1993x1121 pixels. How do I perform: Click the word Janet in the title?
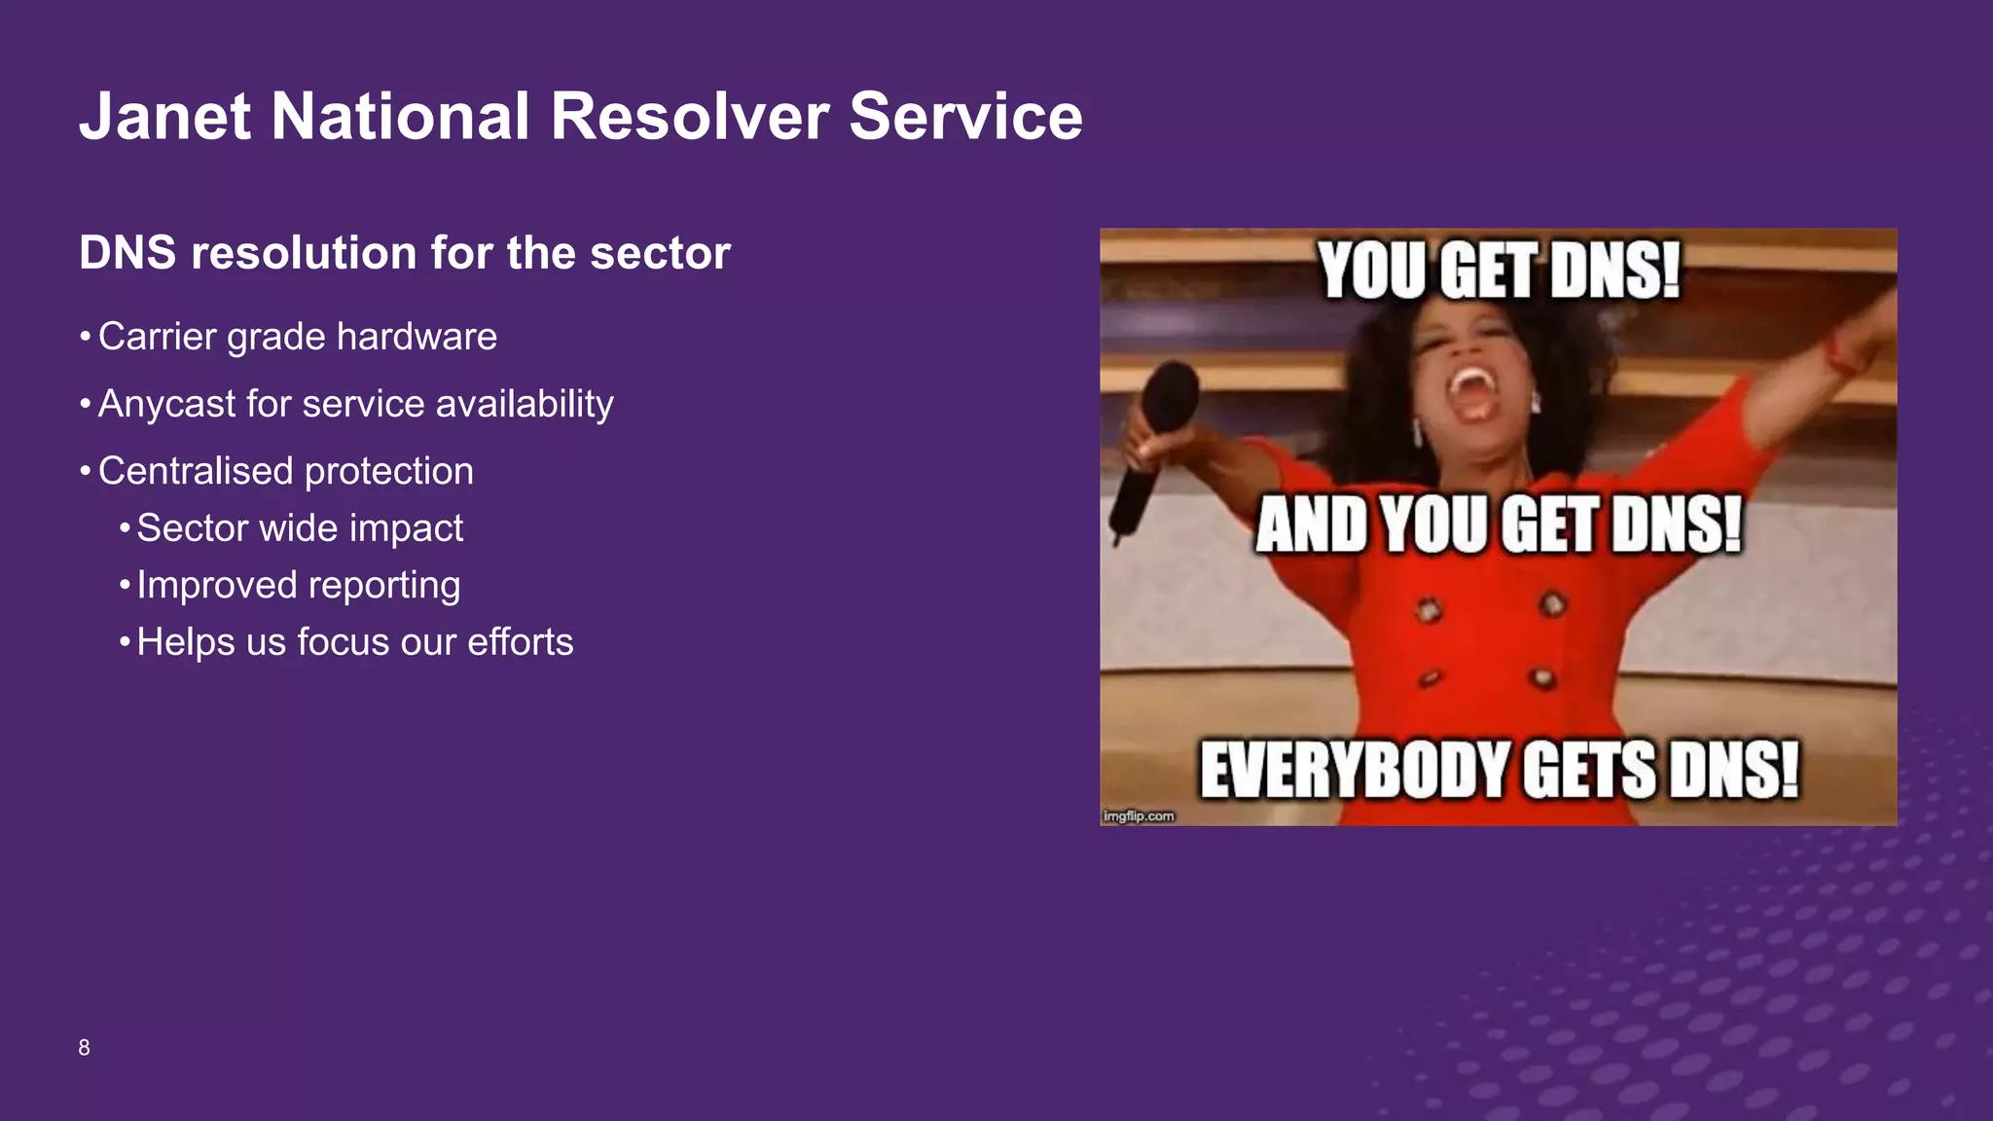click(x=165, y=117)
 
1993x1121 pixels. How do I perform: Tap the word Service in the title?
click(x=965, y=117)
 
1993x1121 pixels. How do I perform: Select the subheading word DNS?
click(x=127, y=253)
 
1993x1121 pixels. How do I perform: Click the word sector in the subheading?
click(x=660, y=253)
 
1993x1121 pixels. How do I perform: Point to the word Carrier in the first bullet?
click(x=157, y=337)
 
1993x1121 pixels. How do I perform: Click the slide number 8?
click(x=85, y=1048)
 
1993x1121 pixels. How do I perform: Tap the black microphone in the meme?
click(x=1158, y=438)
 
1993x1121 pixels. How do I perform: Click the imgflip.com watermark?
click(x=1139, y=816)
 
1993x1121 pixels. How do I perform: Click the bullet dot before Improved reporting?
click(x=125, y=586)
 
